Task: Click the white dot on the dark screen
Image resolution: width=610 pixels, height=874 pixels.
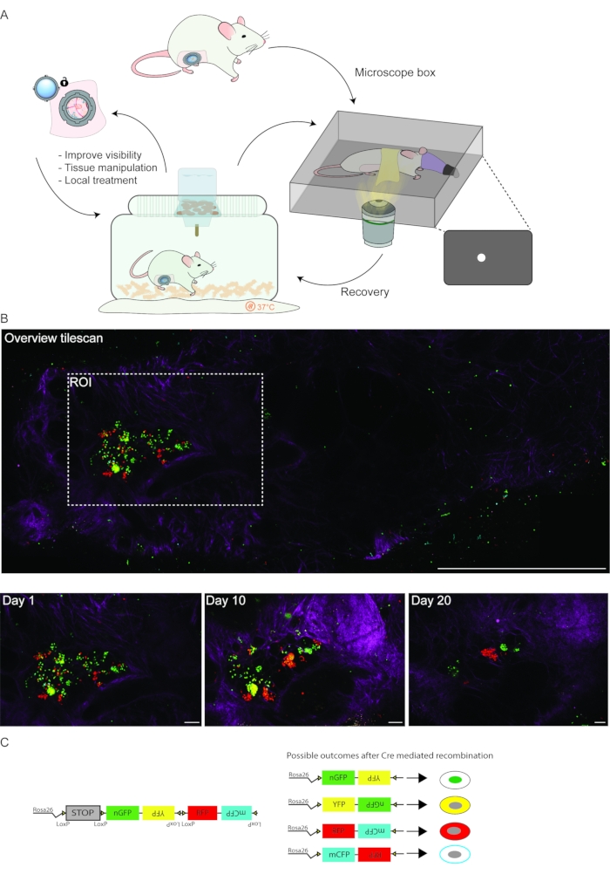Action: (479, 257)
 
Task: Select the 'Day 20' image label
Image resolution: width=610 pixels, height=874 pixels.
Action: (432, 601)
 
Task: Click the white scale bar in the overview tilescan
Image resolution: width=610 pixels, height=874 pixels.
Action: (516, 569)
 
